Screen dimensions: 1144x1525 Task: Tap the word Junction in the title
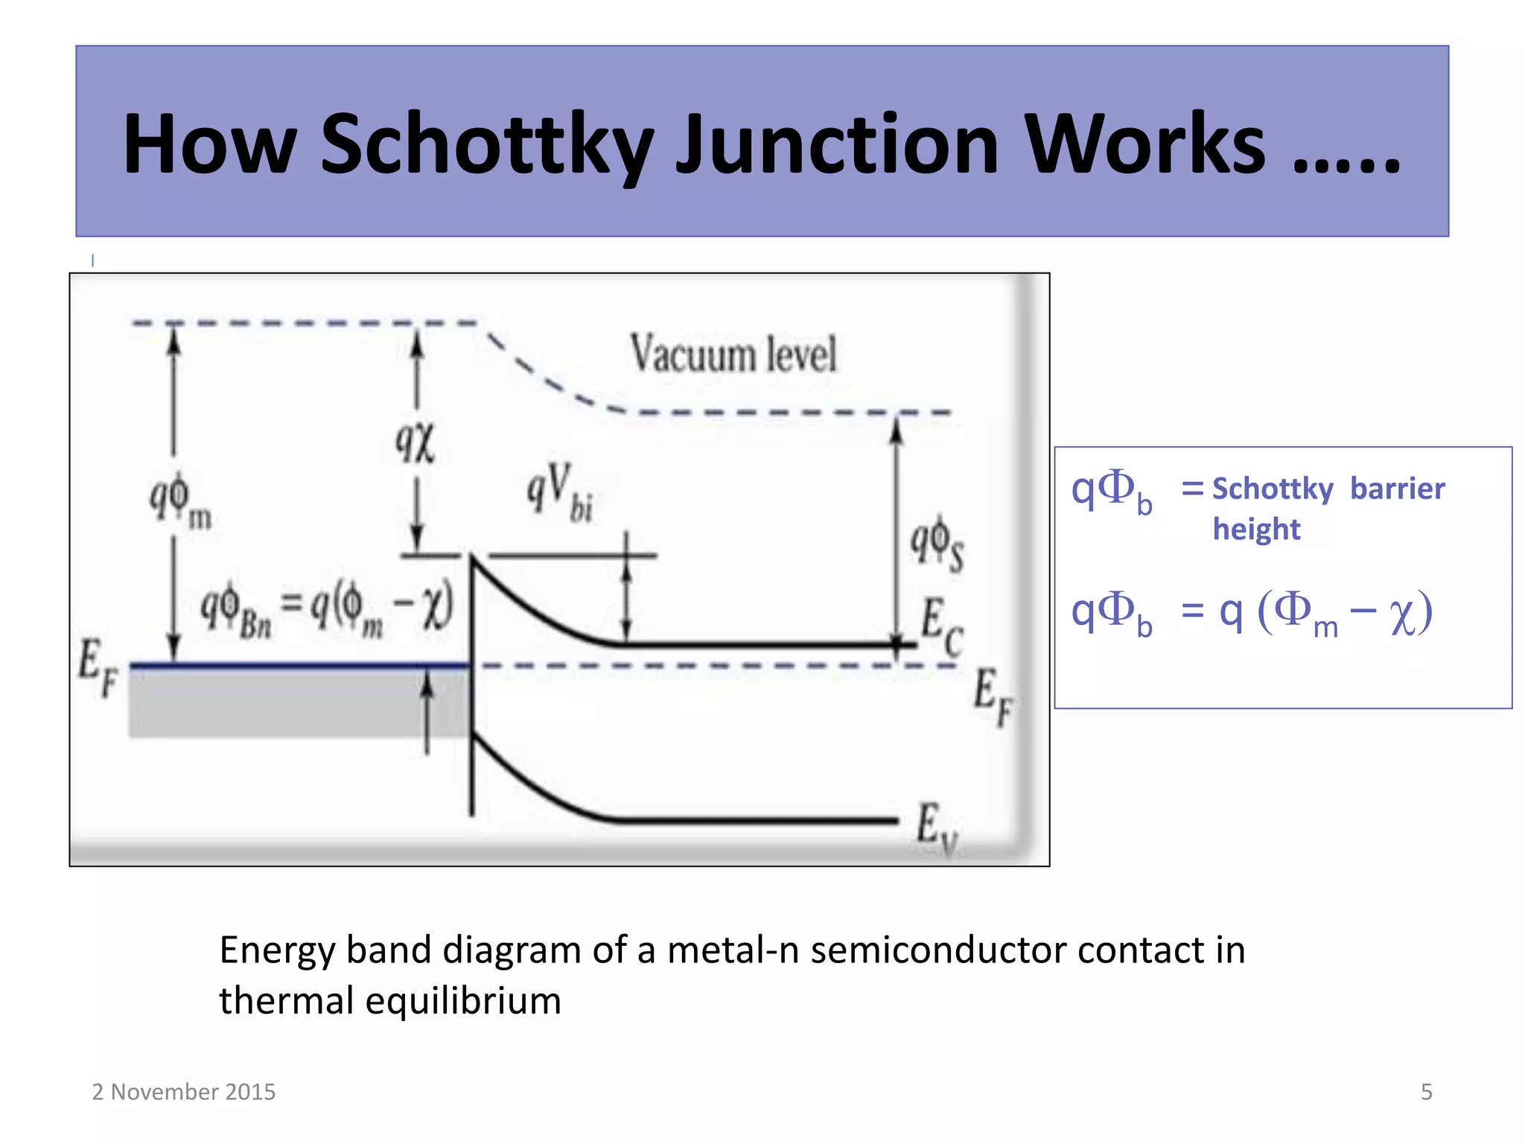(x=837, y=144)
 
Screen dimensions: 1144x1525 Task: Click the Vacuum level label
(x=733, y=354)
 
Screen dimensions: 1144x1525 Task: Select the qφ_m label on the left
(x=180, y=500)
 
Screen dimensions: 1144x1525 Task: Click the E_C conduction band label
(x=941, y=626)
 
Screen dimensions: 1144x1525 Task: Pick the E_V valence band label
(x=936, y=829)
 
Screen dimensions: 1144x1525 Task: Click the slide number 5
(x=1426, y=1092)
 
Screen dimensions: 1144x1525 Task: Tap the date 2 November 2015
(x=184, y=1092)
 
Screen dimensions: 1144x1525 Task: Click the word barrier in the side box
(x=1397, y=489)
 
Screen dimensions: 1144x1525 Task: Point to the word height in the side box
(x=1256, y=530)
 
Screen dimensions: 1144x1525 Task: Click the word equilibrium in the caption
(x=463, y=1000)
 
